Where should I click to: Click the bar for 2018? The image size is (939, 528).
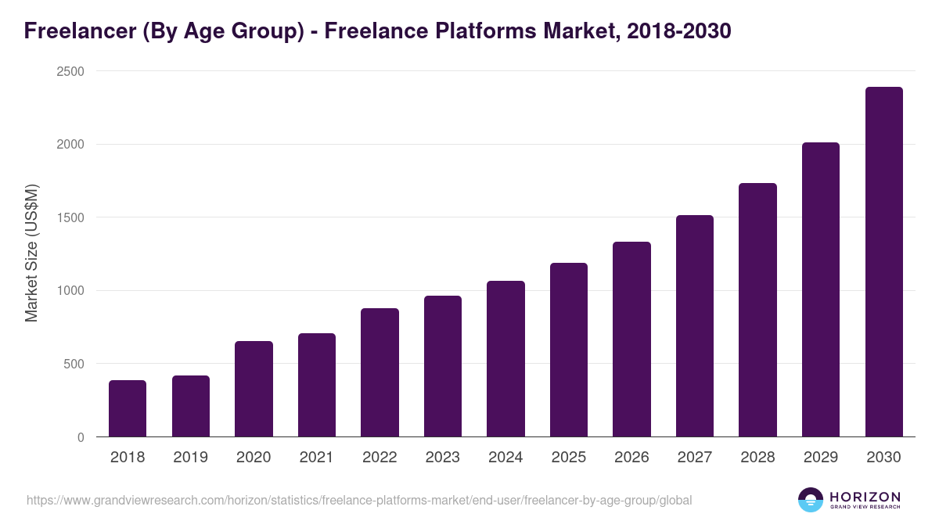coord(128,408)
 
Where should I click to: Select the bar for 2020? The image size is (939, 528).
coord(254,389)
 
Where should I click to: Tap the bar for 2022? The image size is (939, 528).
coord(380,372)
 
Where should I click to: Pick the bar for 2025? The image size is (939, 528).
coord(569,350)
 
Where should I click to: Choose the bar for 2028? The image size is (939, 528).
coord(757,310)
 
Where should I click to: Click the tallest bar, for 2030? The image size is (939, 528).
coord(883,262)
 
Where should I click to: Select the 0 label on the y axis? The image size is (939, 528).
coord(81,437)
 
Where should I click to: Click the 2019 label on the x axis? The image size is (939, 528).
coord(190,458)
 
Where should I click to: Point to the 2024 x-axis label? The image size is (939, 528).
coord(505,458)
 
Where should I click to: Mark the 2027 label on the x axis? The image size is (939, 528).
coord(694,458)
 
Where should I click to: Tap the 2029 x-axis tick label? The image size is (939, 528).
coord(821,458)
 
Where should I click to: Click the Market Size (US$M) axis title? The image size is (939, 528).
coord(31,253)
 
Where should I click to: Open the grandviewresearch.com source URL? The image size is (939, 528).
coord(359,500)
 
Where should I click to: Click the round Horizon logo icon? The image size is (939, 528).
coord(811,500)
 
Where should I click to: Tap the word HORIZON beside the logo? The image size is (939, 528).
coord(865,496)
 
